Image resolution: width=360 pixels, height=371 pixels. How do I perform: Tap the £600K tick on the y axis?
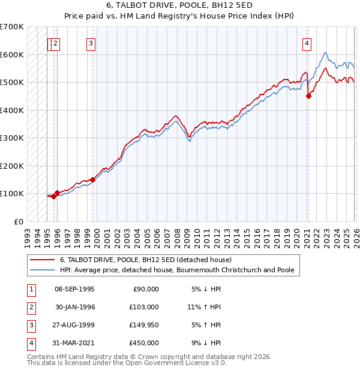(12, 54)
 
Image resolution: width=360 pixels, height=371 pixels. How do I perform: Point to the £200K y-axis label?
(12, 166)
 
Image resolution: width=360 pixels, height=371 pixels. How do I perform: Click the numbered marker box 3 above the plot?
(91, 42)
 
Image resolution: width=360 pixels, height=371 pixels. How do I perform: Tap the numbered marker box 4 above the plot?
(307, 42)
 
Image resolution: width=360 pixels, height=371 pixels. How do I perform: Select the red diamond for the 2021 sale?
(308, 96)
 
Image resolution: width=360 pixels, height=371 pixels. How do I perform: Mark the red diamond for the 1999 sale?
(93, 180)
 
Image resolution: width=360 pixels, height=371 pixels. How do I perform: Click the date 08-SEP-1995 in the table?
(74, 289)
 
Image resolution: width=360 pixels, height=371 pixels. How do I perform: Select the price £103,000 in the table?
(144, 307)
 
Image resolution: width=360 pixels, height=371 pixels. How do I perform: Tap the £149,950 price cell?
(144, 325)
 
